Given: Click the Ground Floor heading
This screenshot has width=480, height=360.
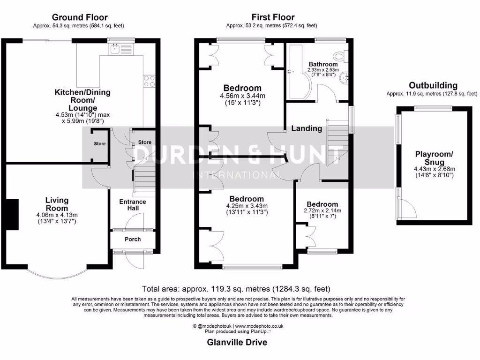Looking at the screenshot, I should [80, 18].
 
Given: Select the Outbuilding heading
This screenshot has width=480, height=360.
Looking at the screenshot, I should [433, 85].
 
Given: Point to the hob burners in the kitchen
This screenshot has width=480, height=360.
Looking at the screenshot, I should [150, 82].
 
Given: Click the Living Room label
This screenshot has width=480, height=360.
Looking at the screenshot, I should [57, 204].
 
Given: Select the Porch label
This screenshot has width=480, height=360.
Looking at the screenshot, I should [133, 239].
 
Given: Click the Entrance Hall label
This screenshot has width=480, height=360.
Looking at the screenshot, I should [133, 205].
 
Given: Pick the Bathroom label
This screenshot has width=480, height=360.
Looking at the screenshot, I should [323, 64].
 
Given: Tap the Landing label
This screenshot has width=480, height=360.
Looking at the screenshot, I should [307, 128].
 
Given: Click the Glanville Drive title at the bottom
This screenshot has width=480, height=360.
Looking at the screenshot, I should [237, 343].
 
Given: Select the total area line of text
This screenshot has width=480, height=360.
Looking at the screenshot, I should [236, 289].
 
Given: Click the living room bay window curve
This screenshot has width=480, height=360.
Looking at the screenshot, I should [57, 274].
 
